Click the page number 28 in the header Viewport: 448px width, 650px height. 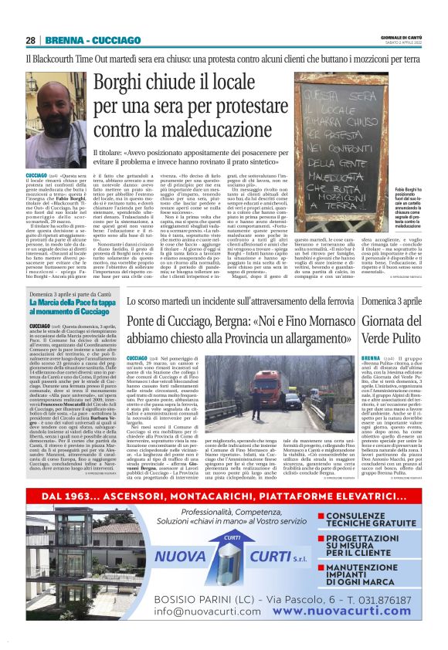[x=30, y=40]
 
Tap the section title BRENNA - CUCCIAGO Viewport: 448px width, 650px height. [x=80, y=40]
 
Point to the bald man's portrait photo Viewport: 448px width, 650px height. [x=54, y=120]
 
